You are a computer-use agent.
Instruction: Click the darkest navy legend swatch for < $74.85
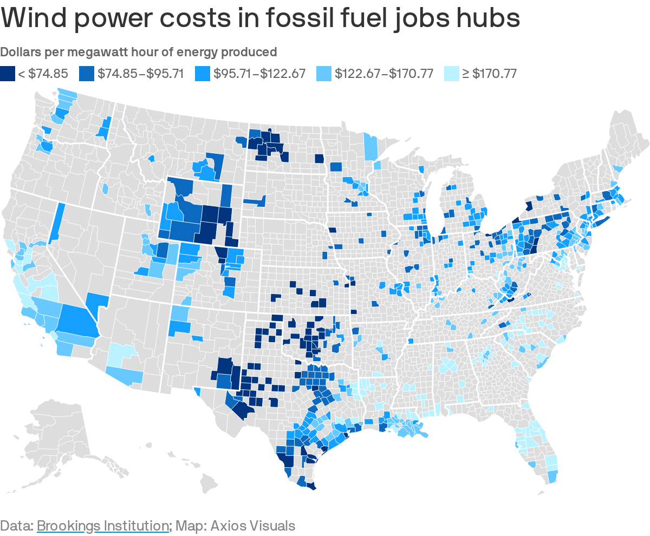pos(8,73)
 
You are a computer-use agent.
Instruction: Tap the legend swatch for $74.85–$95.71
pos(87,73)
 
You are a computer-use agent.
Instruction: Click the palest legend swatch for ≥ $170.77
pos(451,73)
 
